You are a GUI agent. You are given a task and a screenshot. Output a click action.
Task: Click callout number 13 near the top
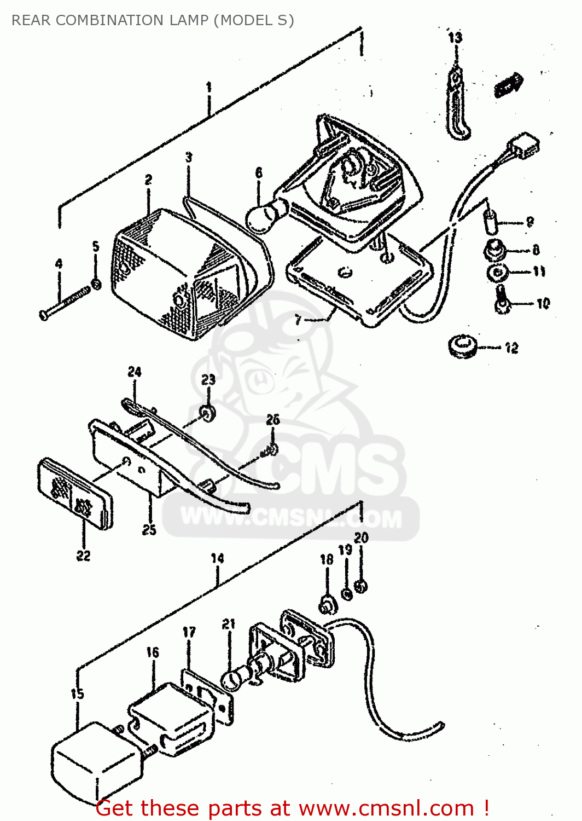(x=455, y=37)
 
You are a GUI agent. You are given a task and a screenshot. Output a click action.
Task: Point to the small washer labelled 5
(x=96, y=284)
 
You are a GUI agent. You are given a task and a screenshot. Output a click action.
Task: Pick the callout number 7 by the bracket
(x=298, y=320)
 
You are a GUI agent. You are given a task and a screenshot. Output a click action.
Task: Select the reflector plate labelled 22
(x=75, y=493)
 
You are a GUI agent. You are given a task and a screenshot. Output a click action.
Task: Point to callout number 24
(x=135, y=372)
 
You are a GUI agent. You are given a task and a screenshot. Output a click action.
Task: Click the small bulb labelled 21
(x=232, y=680)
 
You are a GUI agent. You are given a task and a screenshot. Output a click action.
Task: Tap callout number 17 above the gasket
(x=189, y=632)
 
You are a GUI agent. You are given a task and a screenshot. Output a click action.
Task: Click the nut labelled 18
(x=327, y=605)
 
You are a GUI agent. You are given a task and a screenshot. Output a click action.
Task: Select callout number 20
(x=361, y=538)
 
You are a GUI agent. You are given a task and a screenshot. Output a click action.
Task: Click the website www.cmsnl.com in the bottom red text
(x=386, y=808)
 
